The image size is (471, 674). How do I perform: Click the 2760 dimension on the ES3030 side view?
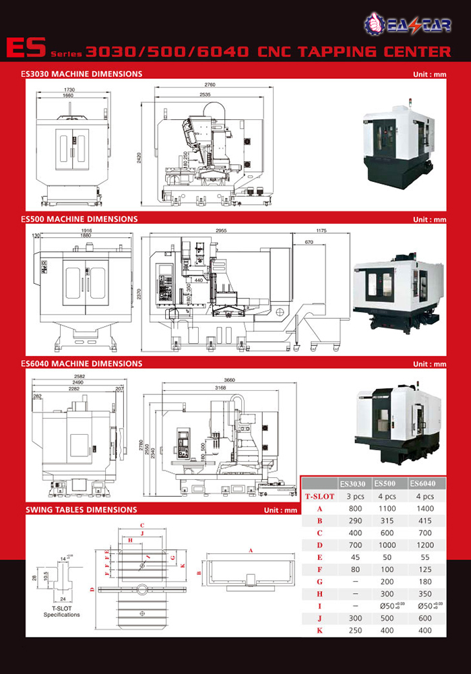coord(210,85)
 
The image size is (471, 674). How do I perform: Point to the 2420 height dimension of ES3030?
coord(139,158)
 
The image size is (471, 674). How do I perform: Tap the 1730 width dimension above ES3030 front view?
coord(69,90)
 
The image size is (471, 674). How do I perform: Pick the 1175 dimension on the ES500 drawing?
coord(320,231)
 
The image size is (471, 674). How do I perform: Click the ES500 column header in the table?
coord(383,483)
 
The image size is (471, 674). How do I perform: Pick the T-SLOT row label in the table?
coord(319,496)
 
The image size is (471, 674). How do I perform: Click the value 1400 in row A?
coord(422,509)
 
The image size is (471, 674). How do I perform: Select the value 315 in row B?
coord(383,522)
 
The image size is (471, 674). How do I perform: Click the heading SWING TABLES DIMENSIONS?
coord(81,510)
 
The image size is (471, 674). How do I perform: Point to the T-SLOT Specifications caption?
coord(61,611)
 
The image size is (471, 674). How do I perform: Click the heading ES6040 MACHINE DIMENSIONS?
coord(82,363)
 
